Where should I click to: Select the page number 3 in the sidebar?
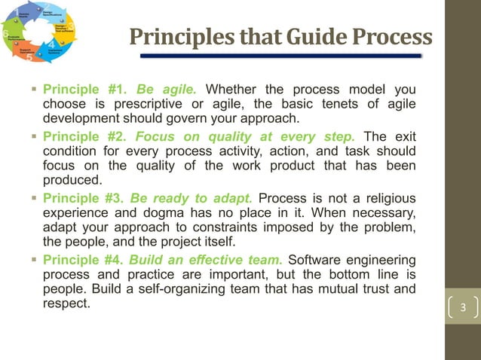click(x=463, y=307)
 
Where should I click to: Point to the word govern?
click(x=211, y=118)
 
